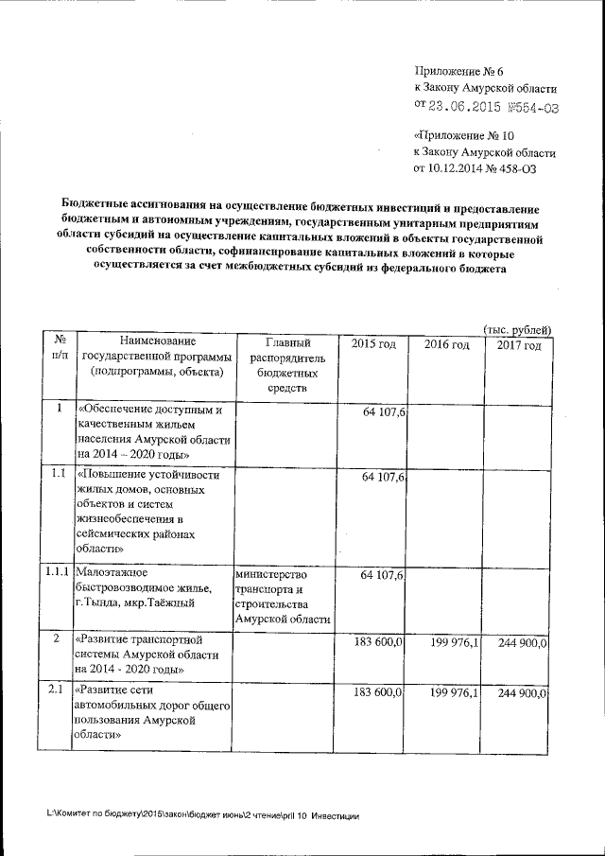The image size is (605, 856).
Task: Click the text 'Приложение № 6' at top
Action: (x=460, y=72)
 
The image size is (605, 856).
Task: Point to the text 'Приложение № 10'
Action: (x=464, y=135)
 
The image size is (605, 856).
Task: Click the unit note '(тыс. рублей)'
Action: (x=517, y=328)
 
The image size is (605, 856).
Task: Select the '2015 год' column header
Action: (x=372, y=344)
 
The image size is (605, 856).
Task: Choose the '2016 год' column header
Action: (x=446, y=344)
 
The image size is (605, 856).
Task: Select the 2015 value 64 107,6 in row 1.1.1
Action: (x=383, y=575)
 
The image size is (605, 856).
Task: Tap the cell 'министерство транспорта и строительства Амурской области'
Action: (x=283, y=597)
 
